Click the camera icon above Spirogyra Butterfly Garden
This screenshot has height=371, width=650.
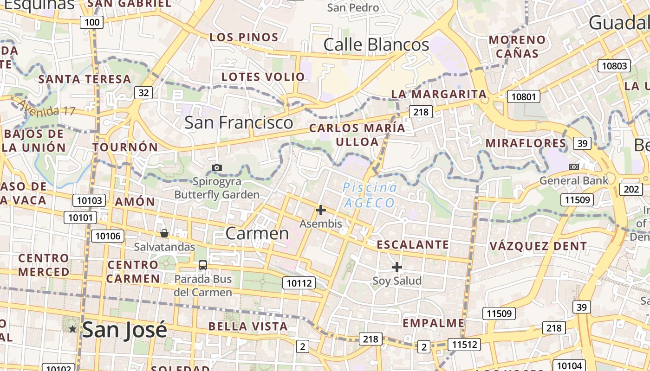(x=216, y=167)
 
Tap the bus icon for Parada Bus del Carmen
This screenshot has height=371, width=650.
(x=203, y=265)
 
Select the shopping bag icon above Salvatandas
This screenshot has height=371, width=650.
(x=164, y=233)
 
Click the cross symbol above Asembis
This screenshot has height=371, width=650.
(x=320, y=210)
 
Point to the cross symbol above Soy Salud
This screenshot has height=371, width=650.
(x=396, y=267)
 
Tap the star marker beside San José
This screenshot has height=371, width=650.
(x=73, y=329)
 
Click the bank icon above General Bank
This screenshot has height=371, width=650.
(x=574, y=167)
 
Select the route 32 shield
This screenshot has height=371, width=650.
(x=144, y=93)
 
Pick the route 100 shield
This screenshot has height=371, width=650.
(x=91, y=22)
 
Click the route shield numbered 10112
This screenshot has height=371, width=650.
(x=299, y=283)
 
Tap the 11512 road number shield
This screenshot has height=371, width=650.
(x=464, y=345)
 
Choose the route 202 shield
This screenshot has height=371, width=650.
(x=631, y=189)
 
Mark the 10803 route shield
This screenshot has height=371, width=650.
(x=614, y=66)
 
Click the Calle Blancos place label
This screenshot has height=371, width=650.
(x=376, y=45)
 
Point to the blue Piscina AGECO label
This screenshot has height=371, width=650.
(x=370, y=195)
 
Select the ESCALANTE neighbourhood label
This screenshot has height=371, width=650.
(x=412, y=244)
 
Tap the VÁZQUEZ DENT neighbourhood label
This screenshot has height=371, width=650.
(x=538, y=246)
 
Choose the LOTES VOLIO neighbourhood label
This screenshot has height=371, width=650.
(x=263, y=77)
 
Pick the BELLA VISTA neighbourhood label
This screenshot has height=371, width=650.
(x=248, y=326)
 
